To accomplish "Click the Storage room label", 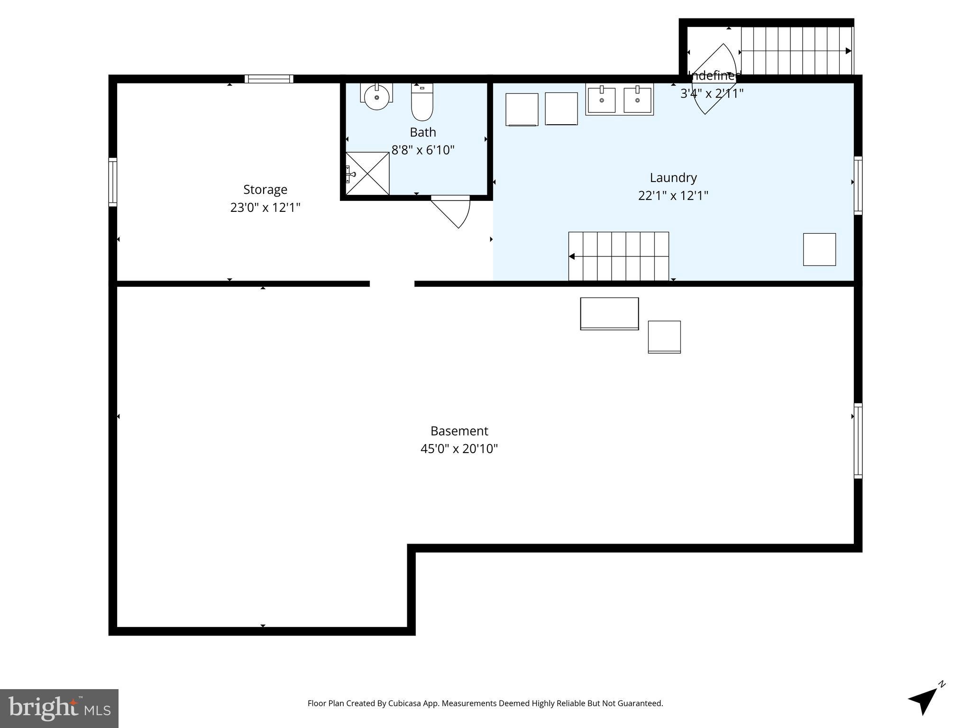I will pyautogui.click(x=265, y=190).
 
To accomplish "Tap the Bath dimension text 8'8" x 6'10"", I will pyautogui.click(x=422, y=150).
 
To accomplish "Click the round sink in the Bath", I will pyautogui.click(x=376, y=97).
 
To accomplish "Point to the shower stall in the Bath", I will pyautogui.click(x=367, y=173).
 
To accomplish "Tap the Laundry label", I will pyautogui.click(x=673, y=178).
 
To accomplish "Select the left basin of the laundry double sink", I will pyautogui.click(x=601, y=100).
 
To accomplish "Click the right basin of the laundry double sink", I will pyautogui.click(x=637, y=100).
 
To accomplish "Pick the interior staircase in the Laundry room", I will pyautogui.click(x=618, y=256).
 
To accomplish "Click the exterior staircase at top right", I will pyautogui.click(x=797, y=51).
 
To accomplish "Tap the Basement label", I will pyautogui.click(x=459, y=431).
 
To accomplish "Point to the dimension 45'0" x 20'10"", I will pyautogui.click(x=459, y=449).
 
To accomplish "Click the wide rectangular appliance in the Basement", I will pyautogui.click(x=609, y=313).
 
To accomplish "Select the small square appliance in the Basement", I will pyautogui.click(x=664, y=337).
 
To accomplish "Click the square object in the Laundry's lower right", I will pyautogui.click(x=819, y=249).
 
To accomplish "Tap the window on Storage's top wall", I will pyautogui.click(x=269, y=79).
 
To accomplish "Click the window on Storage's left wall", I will pyautogui.click(x=113, y=182).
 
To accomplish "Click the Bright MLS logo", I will pyautogui.click(x=59, y=708).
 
